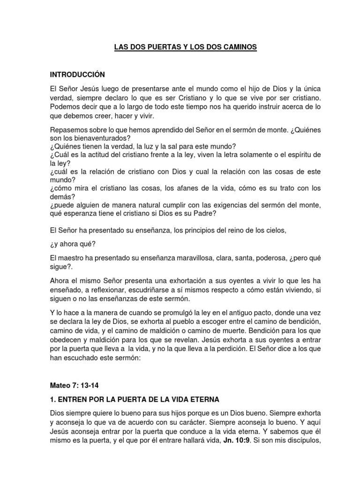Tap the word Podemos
66,107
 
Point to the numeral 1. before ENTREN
53,399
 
